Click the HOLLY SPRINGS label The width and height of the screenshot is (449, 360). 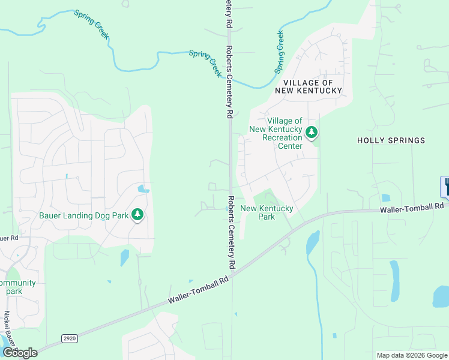(x=391, y=140)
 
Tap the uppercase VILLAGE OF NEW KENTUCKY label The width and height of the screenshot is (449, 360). (x=308, y=86)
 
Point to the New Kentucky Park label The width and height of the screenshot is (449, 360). (x=267, y=212)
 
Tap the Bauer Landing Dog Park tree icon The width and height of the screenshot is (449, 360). (x=137, y=215)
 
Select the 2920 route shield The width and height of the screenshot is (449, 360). (x=70, y=339)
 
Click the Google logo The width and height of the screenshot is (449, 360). (x=19, y=353)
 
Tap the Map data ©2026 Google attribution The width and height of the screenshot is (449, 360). (x=412, y=355)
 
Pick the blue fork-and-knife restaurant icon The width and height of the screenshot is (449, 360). (x=446, y=187)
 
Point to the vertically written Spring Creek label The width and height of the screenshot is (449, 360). (x=280, y=52)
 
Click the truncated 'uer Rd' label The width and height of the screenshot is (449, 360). (x=8, y=238)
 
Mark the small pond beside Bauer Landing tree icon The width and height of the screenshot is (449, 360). (x=143, y=189)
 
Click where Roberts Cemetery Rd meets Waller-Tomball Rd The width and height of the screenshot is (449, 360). (x=232, y=272)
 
